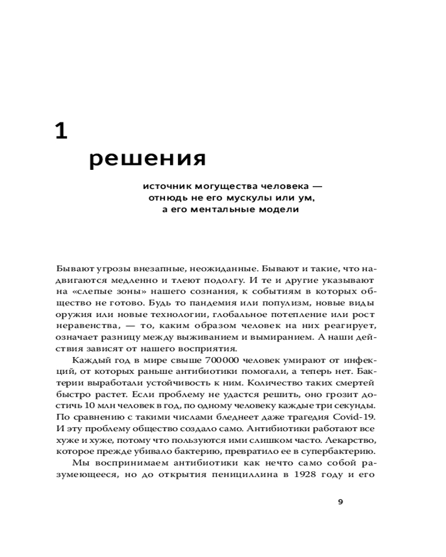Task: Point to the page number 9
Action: click(341, 502)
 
